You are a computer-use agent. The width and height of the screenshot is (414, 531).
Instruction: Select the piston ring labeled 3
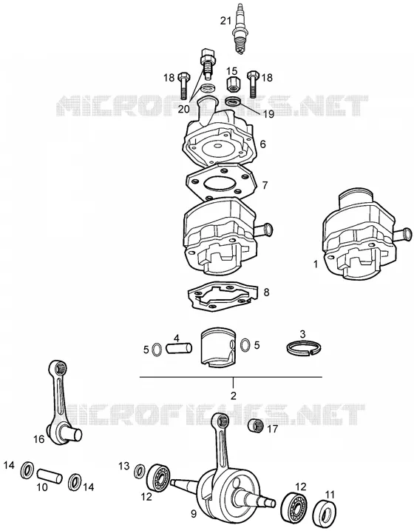[x=305, y=348]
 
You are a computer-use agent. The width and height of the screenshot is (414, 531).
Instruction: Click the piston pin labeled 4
[x=179, y=348]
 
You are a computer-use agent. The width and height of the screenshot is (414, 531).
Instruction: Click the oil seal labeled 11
[x=325, y=513]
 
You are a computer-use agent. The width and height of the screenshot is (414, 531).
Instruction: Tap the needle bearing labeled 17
[x=257, y=425]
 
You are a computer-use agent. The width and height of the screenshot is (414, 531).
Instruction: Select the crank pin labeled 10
[x=50, y=475]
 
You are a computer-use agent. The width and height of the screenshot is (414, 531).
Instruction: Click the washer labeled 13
[x=139, y=472]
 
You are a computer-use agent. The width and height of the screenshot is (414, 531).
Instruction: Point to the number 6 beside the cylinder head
[x=262, y=144]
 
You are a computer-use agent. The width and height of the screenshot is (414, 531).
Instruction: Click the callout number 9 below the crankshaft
[x=193, y=514]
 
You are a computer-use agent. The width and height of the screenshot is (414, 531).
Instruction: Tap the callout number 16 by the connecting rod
[x=39, y=439]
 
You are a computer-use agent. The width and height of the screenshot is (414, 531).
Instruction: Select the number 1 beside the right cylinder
[x=316, y=264]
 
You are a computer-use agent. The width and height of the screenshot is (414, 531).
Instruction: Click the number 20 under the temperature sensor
[x=184, y=109]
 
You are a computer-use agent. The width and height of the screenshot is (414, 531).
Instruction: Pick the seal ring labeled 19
[x=232, y=101]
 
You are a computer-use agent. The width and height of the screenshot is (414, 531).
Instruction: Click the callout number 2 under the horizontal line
[x=233, y=395]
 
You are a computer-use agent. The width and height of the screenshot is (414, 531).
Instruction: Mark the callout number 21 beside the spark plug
[x=225, y=21]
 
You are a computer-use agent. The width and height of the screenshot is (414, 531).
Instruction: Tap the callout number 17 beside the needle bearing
[x=272, y=429]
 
